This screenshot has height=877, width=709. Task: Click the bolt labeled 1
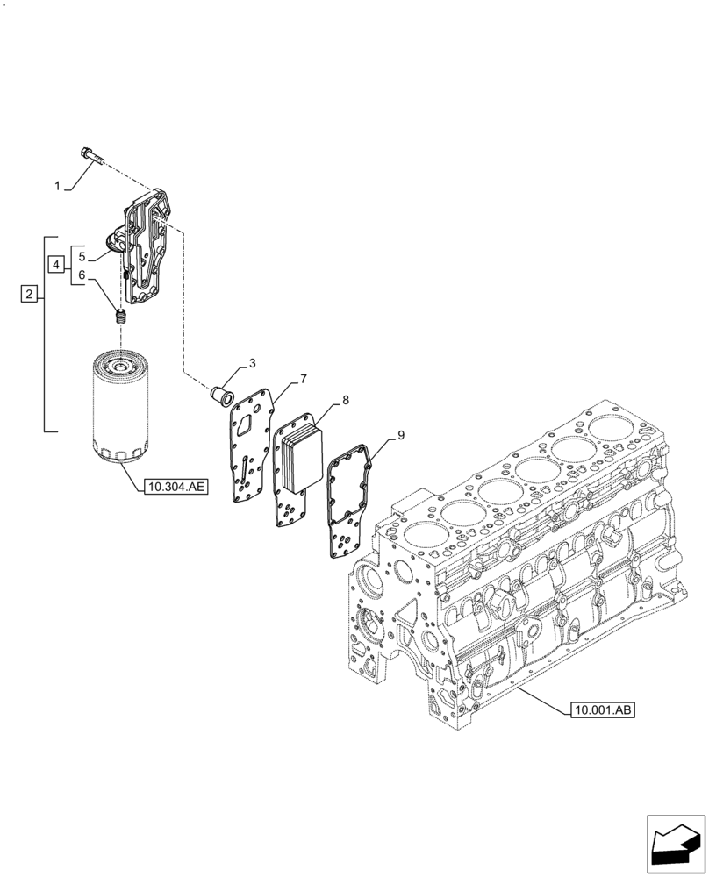click(90, 156)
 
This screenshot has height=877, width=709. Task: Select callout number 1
click(58, 187)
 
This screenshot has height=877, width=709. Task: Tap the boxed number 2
click(29, 296)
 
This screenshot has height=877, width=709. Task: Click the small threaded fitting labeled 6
click(122, 317)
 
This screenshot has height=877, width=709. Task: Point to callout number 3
click(252, 363)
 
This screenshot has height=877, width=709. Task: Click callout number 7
click(303, 379)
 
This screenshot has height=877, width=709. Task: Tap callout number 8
click(346, 400)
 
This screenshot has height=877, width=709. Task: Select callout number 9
click(400, 434)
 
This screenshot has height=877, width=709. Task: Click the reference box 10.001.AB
click(600, 709)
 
